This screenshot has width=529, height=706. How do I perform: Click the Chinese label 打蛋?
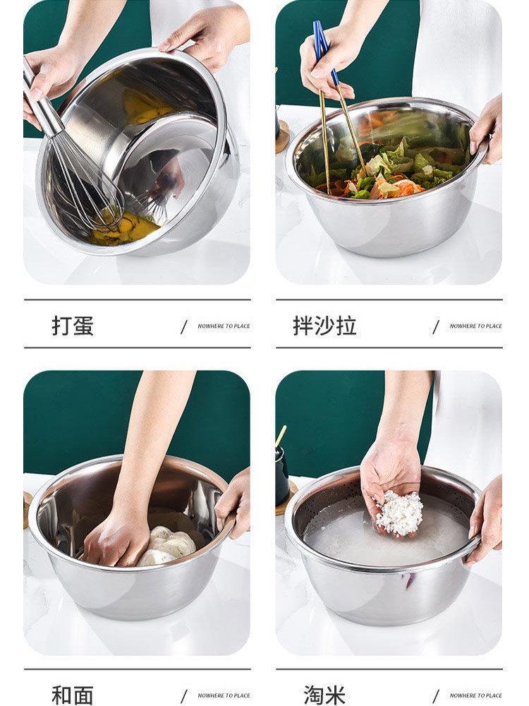coord(73,325)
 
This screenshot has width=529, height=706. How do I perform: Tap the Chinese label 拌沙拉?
coord(324,325)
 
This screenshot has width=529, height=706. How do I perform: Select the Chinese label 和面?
coord(73,695)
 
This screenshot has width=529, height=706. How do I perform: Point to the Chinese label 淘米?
coord(324,695)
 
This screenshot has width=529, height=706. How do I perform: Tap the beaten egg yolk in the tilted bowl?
coord(123,227)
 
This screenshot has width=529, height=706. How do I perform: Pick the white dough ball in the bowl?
coord(166,546)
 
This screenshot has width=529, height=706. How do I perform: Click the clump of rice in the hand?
coord(399,513)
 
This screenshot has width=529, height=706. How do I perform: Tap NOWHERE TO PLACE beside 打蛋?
coord(224,326)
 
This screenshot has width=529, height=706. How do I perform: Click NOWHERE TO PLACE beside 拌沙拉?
coord(475,326)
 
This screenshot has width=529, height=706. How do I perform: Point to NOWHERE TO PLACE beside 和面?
coord(224,695)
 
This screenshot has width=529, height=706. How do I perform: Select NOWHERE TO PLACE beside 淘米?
coord(475,695)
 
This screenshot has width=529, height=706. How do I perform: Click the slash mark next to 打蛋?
coord(184,327)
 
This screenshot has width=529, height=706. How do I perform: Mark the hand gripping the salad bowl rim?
coord(487,131)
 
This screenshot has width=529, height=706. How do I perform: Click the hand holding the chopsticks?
coord(331,63)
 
